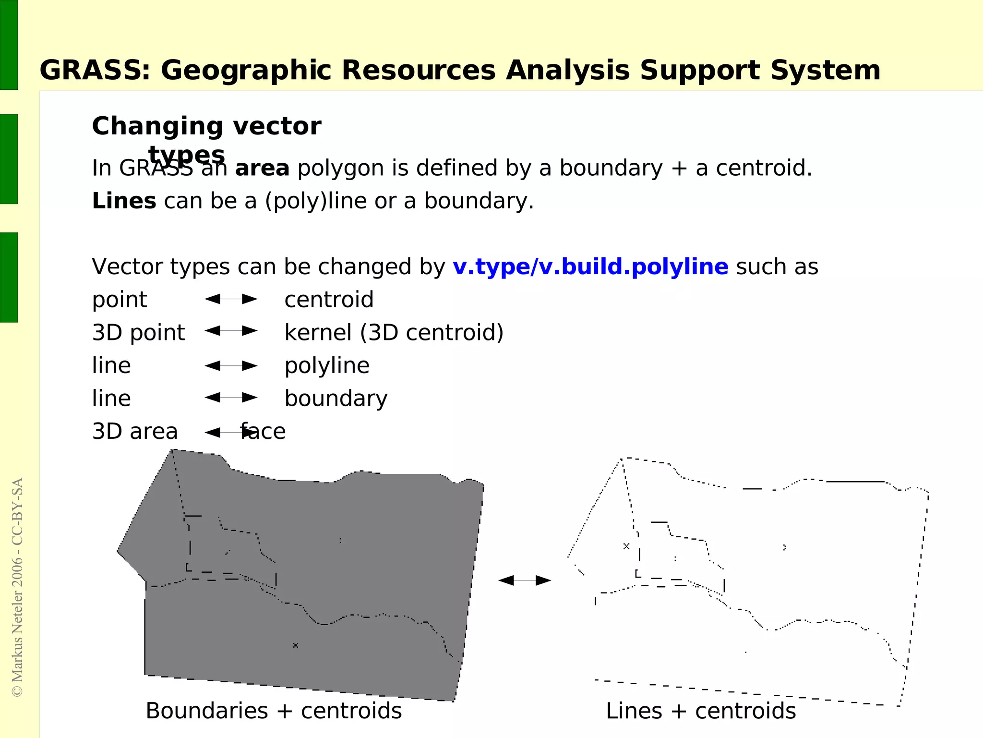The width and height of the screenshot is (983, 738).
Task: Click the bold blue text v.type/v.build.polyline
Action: pos(590,267)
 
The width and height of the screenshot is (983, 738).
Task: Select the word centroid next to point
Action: pos(329,300)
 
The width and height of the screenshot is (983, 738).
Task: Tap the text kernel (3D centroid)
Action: pos(394,333)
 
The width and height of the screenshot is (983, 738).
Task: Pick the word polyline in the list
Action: pos(327,366)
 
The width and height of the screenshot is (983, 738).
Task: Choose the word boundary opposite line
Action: pos(336,399)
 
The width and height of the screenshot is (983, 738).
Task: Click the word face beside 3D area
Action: pos(263,432)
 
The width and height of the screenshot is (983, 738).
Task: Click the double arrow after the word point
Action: pos(231,299)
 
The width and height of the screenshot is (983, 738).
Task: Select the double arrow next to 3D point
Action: pos(231,331)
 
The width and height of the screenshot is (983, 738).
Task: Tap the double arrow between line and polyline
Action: pos(231,366)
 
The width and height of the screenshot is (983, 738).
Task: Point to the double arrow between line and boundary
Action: pos(231,398)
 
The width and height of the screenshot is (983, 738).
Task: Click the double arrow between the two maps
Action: pos(525,581)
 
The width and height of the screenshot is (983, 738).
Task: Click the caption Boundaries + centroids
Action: pos(274,711)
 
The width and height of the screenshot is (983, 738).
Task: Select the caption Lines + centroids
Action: pos(701,711)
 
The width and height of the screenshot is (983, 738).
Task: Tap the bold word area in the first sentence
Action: pos(262,169)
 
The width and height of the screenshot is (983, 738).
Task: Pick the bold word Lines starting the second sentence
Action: pos(124,201)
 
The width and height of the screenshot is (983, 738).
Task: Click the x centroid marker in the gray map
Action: pos(296,645)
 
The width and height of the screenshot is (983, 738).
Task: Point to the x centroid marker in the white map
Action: pos(626,546)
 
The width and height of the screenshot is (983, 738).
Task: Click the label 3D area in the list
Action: pos(135,432)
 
